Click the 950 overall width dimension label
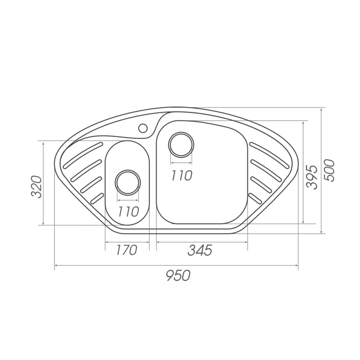(x=178, y=275)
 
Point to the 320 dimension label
(x=36, y=186)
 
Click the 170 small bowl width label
(x=126, y=250)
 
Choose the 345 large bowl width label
(x=200, y=250)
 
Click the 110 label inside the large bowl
(x=181, y=176)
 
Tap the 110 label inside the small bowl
(x=129, y=211)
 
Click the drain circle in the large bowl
(x=181, y=145)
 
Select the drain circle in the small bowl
(x=128, y=183)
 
